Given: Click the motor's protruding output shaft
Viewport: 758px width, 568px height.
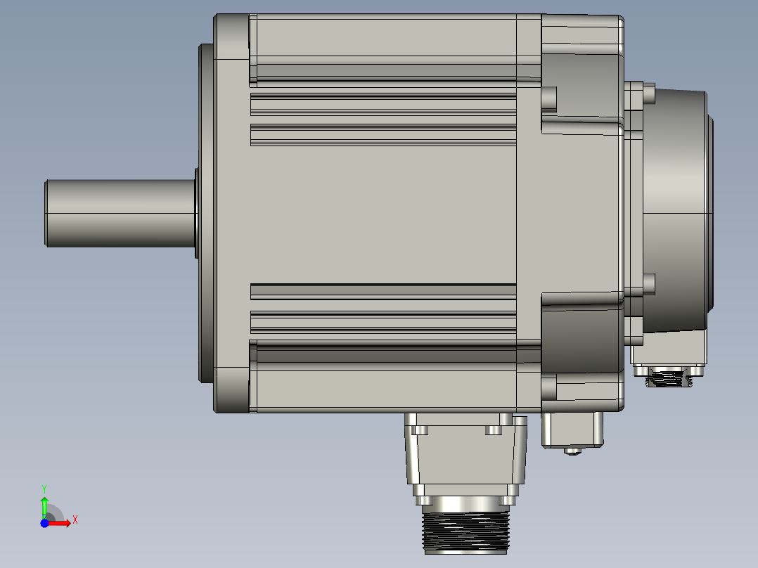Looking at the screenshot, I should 120,213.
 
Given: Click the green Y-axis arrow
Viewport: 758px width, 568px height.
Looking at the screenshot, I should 44,505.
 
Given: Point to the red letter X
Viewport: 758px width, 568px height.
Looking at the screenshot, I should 75,520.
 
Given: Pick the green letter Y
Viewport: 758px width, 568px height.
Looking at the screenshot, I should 44,488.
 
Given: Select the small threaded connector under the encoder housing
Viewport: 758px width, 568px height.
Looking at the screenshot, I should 667,380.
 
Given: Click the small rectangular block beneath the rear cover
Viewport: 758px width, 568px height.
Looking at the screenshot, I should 572,429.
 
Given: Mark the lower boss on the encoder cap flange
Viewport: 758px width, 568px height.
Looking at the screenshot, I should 648,283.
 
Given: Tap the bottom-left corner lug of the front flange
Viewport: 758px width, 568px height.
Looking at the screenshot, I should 231,390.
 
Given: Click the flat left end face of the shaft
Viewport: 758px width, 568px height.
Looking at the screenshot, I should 46,213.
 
